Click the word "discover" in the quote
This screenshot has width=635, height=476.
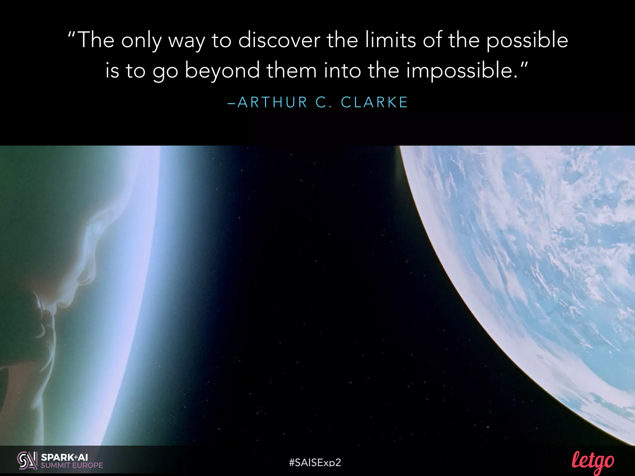[279, 40]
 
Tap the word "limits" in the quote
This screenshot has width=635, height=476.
[390, 40]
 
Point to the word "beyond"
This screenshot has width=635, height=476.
[222, 71]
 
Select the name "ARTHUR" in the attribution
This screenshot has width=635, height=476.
[272, 103]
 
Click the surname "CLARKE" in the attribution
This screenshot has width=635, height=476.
[374, 103]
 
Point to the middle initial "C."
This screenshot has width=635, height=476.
[324, 103]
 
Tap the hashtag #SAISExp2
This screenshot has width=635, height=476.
[315, 463]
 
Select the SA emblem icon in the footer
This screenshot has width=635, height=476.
[27, 461]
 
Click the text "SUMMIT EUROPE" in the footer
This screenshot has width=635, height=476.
[72, 465]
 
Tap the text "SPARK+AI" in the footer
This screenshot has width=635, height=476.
[64, 457]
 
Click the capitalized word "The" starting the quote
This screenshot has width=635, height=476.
[96, 40]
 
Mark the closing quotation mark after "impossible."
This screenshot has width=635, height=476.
[523, 65]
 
